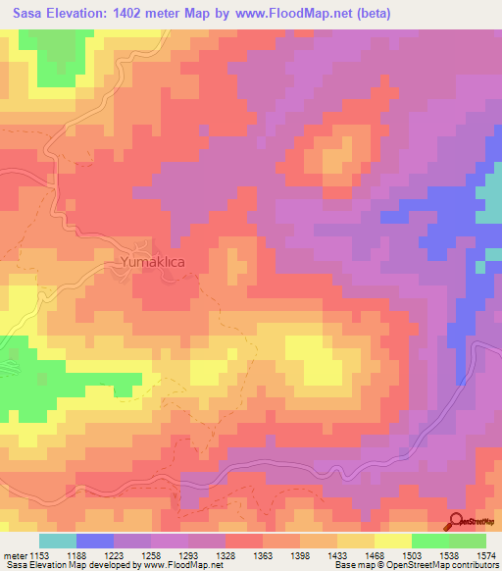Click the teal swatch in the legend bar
tap(58, 541)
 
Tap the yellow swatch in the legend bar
tap(392, 541)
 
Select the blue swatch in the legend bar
tap(95, 541)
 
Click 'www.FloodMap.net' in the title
tap(301, 14)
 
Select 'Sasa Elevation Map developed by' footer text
tap(61, 565)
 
